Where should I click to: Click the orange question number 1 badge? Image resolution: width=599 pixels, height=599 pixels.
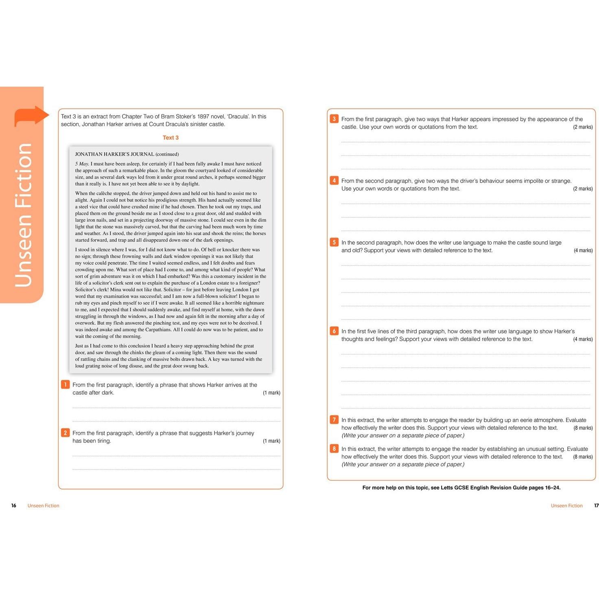point(65,385)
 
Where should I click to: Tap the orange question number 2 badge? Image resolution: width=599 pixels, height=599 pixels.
point(65,433)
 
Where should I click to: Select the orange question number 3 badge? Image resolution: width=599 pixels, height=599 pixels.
point(334,119)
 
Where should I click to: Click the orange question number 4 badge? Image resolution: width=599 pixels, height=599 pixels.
point(334,180)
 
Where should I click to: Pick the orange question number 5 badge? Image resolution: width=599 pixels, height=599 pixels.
point(334,242)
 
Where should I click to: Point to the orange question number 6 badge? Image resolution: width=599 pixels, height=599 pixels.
point(334,331)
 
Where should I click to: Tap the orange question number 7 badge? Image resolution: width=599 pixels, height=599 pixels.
point(334,420)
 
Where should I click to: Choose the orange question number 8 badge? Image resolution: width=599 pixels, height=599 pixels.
point(334,448)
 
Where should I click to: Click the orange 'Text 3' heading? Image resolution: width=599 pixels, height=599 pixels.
point(171,138)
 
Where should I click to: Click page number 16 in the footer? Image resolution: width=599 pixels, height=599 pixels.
point(14,505)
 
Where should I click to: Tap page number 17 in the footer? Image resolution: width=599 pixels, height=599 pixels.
point(596,505)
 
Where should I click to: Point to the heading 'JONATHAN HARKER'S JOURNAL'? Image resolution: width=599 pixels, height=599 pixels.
point(114,154)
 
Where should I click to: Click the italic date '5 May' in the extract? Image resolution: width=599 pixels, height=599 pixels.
point(82,164)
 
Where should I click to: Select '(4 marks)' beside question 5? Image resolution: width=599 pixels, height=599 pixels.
point(583,250)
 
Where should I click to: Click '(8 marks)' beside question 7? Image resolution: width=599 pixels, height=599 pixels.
point(583,428)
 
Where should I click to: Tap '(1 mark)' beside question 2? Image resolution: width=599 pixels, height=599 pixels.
point(271,441)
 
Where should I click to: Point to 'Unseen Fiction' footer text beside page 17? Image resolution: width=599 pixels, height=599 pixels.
point(566,505)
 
